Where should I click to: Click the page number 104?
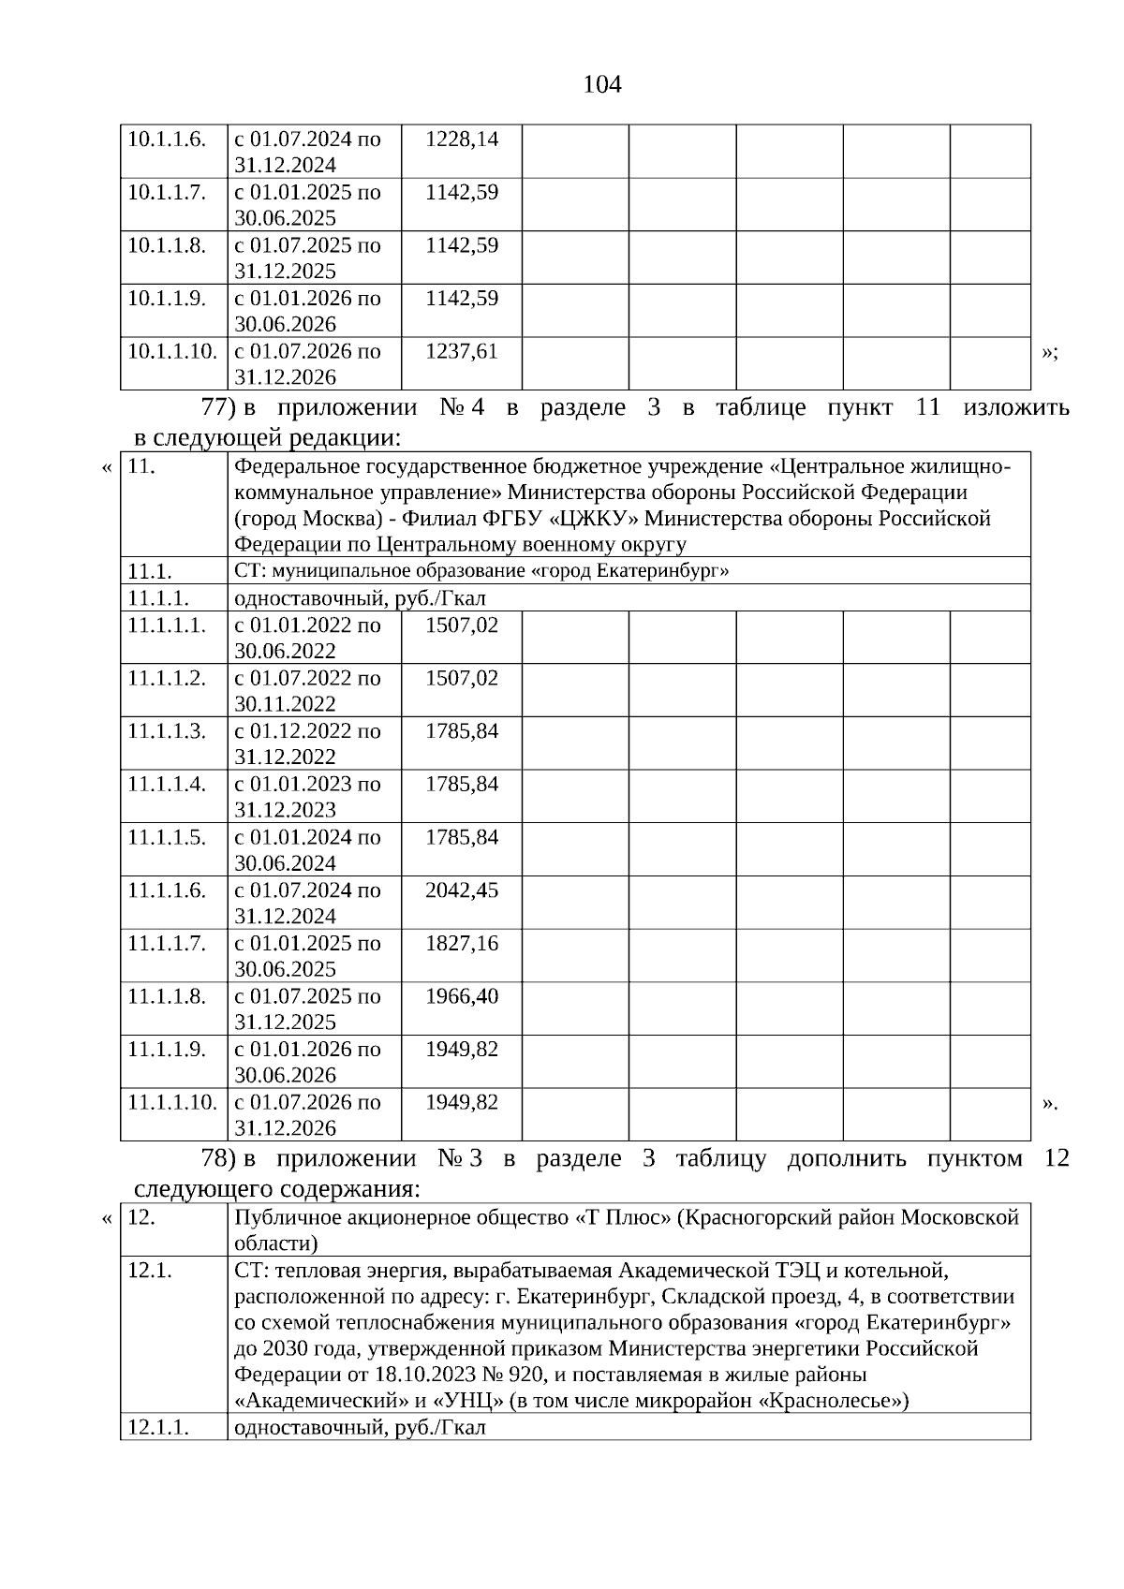(601, 85)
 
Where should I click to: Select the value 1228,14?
(461, 140)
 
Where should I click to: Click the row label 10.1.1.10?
(172, 352)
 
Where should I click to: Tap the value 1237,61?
(461, 352)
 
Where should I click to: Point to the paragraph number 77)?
(217, 408)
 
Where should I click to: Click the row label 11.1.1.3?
(167, 731)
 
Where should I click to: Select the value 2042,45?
(461, 890)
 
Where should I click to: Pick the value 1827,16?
(461, 944)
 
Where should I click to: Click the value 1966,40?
(461, 996)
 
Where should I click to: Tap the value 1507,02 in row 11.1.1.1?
(461, 625)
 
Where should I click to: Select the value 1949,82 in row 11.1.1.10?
(461, 1102)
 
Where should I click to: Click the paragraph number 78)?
(217, 1159)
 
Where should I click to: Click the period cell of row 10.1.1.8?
(307, 258)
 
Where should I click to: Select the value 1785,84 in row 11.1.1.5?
(461, 837)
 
